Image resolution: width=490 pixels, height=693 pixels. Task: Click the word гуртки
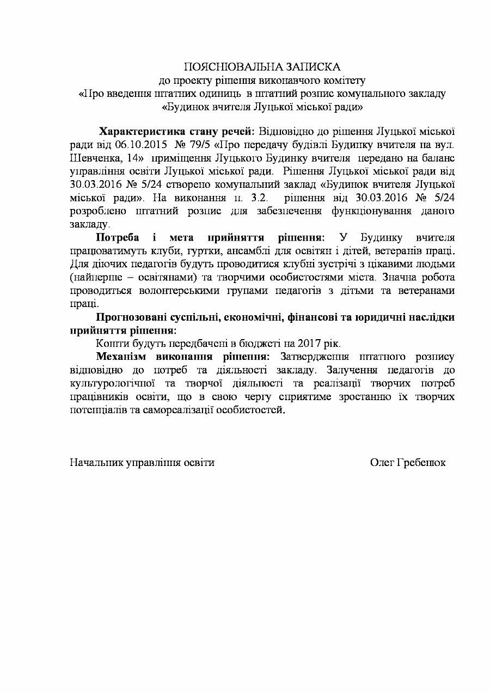(197, 251)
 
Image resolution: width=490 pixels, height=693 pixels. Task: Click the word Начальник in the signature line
(96, 462)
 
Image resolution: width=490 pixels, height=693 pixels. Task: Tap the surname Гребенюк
(422, 462)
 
